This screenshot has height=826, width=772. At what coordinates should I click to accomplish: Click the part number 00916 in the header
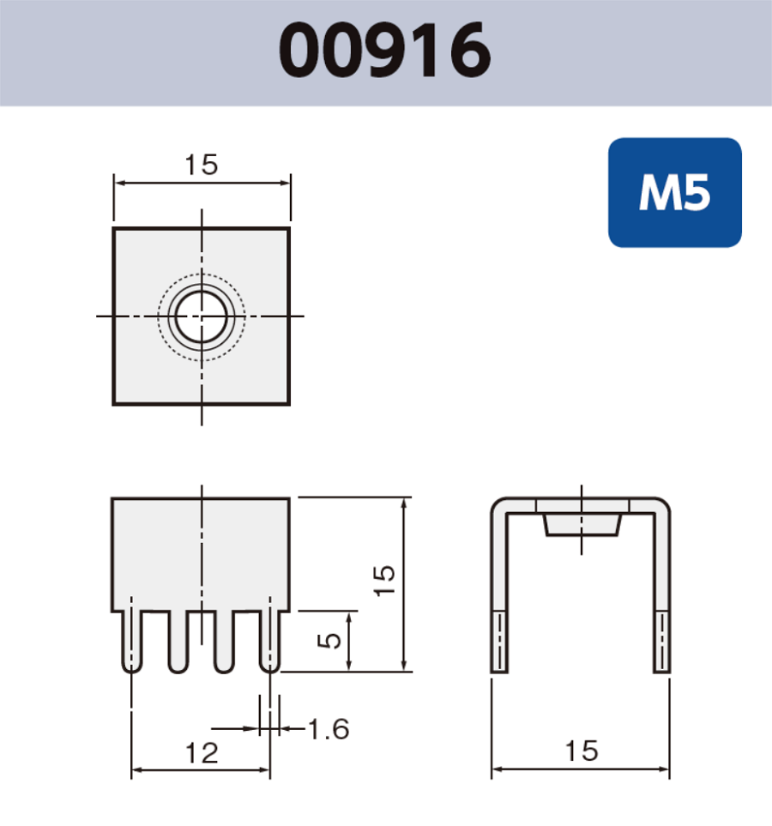tap(385, 51)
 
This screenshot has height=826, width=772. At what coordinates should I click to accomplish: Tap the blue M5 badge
tap(674, 193)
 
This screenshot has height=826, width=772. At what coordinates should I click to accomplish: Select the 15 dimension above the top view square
tap(202, 165)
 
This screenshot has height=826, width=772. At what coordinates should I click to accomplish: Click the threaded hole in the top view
tap(202, 316)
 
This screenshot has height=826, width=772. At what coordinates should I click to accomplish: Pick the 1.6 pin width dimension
tap(329, 729)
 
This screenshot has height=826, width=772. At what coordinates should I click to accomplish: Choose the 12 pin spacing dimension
tap(202, 753)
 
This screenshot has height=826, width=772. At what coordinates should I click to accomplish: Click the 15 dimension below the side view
tap(581, 751)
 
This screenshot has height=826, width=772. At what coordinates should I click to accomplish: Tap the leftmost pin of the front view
tap(131, 642)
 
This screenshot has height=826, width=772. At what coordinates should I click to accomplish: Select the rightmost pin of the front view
tap(269, 642)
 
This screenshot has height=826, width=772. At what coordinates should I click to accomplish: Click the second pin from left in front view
tap(178, 642)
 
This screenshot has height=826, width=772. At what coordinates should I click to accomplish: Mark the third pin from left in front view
tap(224, 642)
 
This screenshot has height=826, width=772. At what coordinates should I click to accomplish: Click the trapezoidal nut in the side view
tap(582, 524)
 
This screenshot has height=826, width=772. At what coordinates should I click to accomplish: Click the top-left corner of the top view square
tap(114, 229)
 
